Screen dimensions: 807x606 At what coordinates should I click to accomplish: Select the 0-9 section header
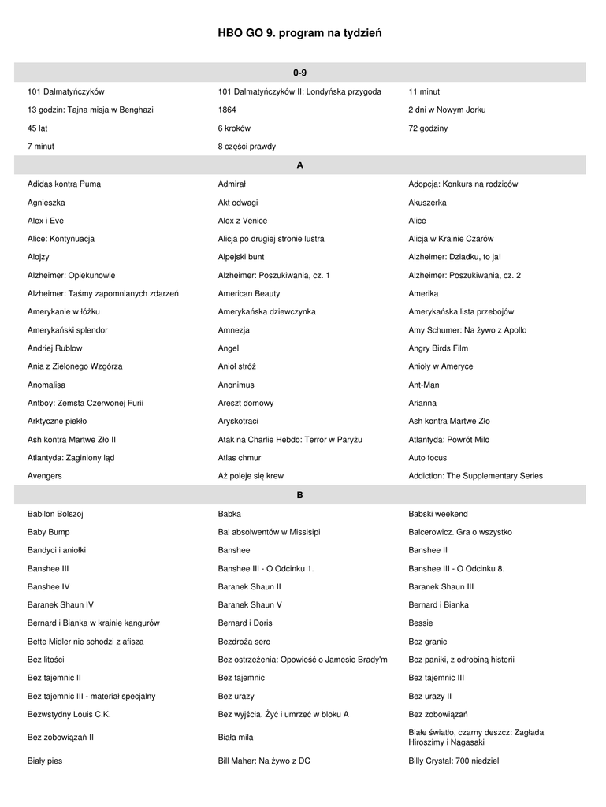point(299,73)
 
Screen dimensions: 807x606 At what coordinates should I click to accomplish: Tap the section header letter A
point(299,165)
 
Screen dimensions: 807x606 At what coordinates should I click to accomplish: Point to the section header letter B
point(299,495)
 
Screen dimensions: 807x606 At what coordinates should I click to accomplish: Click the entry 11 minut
point(424,91)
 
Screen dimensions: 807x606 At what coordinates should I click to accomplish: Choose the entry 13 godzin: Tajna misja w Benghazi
point(90,110)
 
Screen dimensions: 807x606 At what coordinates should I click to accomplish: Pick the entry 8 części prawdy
point(247,147)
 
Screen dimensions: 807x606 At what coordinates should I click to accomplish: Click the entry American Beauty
point(248,293)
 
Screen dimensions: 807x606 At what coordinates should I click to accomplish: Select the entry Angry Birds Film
point(438,348)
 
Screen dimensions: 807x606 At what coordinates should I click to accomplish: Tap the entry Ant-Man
point(424,385)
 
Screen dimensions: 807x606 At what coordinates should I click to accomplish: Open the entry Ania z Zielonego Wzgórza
point(75,366)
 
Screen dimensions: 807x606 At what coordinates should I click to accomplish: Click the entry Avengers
point(45,476)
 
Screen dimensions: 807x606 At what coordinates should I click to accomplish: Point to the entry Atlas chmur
point(240,458)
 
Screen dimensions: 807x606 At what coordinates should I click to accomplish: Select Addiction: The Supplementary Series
point(475,476)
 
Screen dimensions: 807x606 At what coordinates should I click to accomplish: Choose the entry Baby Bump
point(49,532)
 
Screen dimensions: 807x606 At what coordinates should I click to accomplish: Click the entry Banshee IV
point(49,586)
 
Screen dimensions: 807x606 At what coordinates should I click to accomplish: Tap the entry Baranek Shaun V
point(250,604)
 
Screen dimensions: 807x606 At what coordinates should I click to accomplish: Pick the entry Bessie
point(421,623)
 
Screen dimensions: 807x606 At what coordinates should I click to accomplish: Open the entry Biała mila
point(236,738)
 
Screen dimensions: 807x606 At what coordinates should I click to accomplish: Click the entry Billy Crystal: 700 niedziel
point(453,761)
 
